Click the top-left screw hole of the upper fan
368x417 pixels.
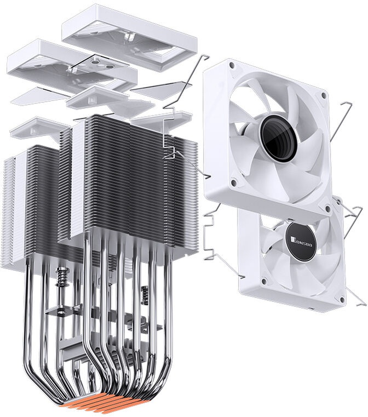pos(232,65)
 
